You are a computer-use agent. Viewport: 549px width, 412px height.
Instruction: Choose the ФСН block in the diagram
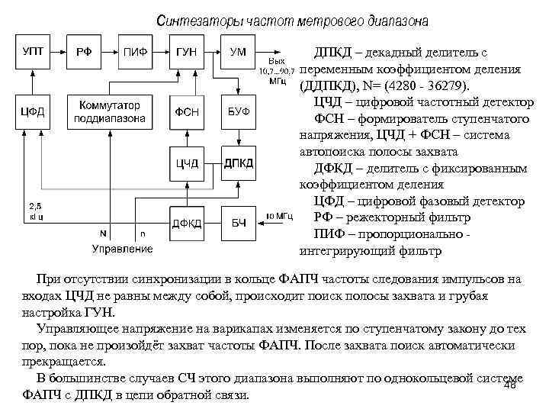click(188, 112)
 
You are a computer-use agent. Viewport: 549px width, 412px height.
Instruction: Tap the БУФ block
click(238, 112)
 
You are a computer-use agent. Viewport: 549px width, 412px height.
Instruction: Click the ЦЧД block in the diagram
click(188, 163)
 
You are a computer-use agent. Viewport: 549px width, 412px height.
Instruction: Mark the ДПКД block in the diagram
click(238, 163)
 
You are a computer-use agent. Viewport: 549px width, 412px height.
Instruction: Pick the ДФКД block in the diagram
click(188, 222)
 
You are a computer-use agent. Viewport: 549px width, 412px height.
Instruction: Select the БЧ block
click(238, 222)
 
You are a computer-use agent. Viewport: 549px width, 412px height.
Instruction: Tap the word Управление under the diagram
click(122, 249)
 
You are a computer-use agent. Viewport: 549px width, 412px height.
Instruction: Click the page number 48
click(511, 385)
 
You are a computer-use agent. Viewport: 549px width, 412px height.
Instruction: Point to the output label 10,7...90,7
click(278, 70)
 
